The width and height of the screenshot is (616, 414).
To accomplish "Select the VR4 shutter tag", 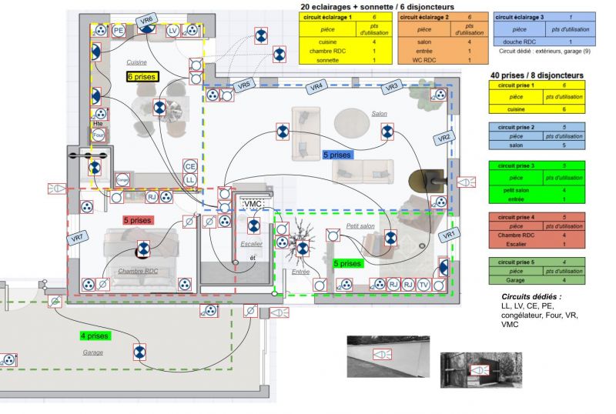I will coord(316,87).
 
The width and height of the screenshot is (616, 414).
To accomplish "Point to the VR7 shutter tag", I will coord(77,238).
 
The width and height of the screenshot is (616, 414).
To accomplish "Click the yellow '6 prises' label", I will coord(142,77).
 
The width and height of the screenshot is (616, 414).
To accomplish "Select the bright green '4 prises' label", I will coord(94,336).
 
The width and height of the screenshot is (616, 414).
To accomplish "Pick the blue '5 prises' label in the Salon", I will coord(337,155).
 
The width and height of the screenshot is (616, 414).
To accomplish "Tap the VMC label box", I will coord(253,204).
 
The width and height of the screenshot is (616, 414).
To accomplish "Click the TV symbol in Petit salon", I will coord(424,285).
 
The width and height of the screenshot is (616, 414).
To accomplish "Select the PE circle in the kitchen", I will coord(118,30).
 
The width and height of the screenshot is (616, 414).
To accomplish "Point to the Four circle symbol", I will coord(98,135).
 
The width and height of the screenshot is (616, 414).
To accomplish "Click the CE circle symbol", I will coord(189,166).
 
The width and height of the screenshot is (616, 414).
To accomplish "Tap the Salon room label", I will coord(380,113).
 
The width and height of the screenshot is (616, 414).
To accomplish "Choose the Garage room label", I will coord(93,352).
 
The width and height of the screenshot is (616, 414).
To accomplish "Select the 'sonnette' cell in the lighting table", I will coord(327,59).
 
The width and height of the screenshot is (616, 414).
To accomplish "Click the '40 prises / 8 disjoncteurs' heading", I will coord(537,75).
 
